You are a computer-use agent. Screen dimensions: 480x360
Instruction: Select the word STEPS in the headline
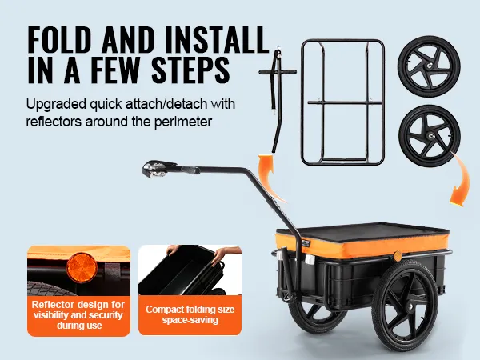(x=190, y=70)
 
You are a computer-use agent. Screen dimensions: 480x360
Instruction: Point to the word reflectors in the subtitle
(x=54, y=122)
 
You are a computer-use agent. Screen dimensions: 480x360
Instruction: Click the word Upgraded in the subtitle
(x=56, y=105)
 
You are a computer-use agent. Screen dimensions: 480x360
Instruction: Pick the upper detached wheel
(x=429, y=66)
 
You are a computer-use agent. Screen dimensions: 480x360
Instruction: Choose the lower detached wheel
(x=429, y=136)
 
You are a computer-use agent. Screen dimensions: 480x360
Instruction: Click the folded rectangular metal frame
(x=343, y=102)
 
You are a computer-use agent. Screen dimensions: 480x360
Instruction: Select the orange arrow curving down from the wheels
(x=462, y=181)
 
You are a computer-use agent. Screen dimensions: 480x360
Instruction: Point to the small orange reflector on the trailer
(x=398, y=256)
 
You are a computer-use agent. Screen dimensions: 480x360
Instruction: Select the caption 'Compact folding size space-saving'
(x=190, y=314)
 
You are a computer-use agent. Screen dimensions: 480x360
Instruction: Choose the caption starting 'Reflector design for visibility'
(x=78, y=314)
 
